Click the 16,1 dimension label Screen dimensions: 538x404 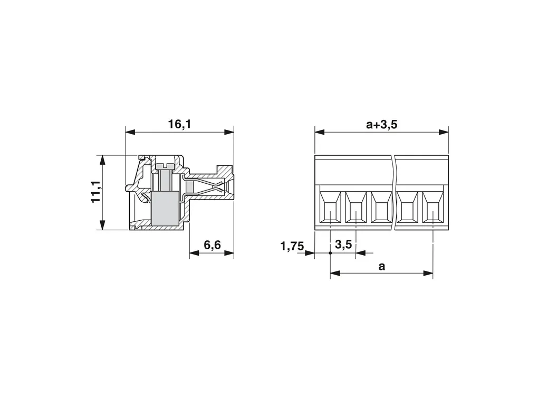click(179, 124)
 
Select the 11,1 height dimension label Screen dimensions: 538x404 click(95, 192)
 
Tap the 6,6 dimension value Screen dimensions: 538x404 click(212, 245)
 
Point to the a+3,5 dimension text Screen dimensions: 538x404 click(381, 124)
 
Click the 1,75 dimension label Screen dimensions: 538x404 click(292, 246)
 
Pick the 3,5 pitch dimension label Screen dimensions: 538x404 click(343, 245)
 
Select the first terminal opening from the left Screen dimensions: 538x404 click(330, 207)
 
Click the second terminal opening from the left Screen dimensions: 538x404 click(356, 207)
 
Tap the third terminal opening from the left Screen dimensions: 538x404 click(381, 207)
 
